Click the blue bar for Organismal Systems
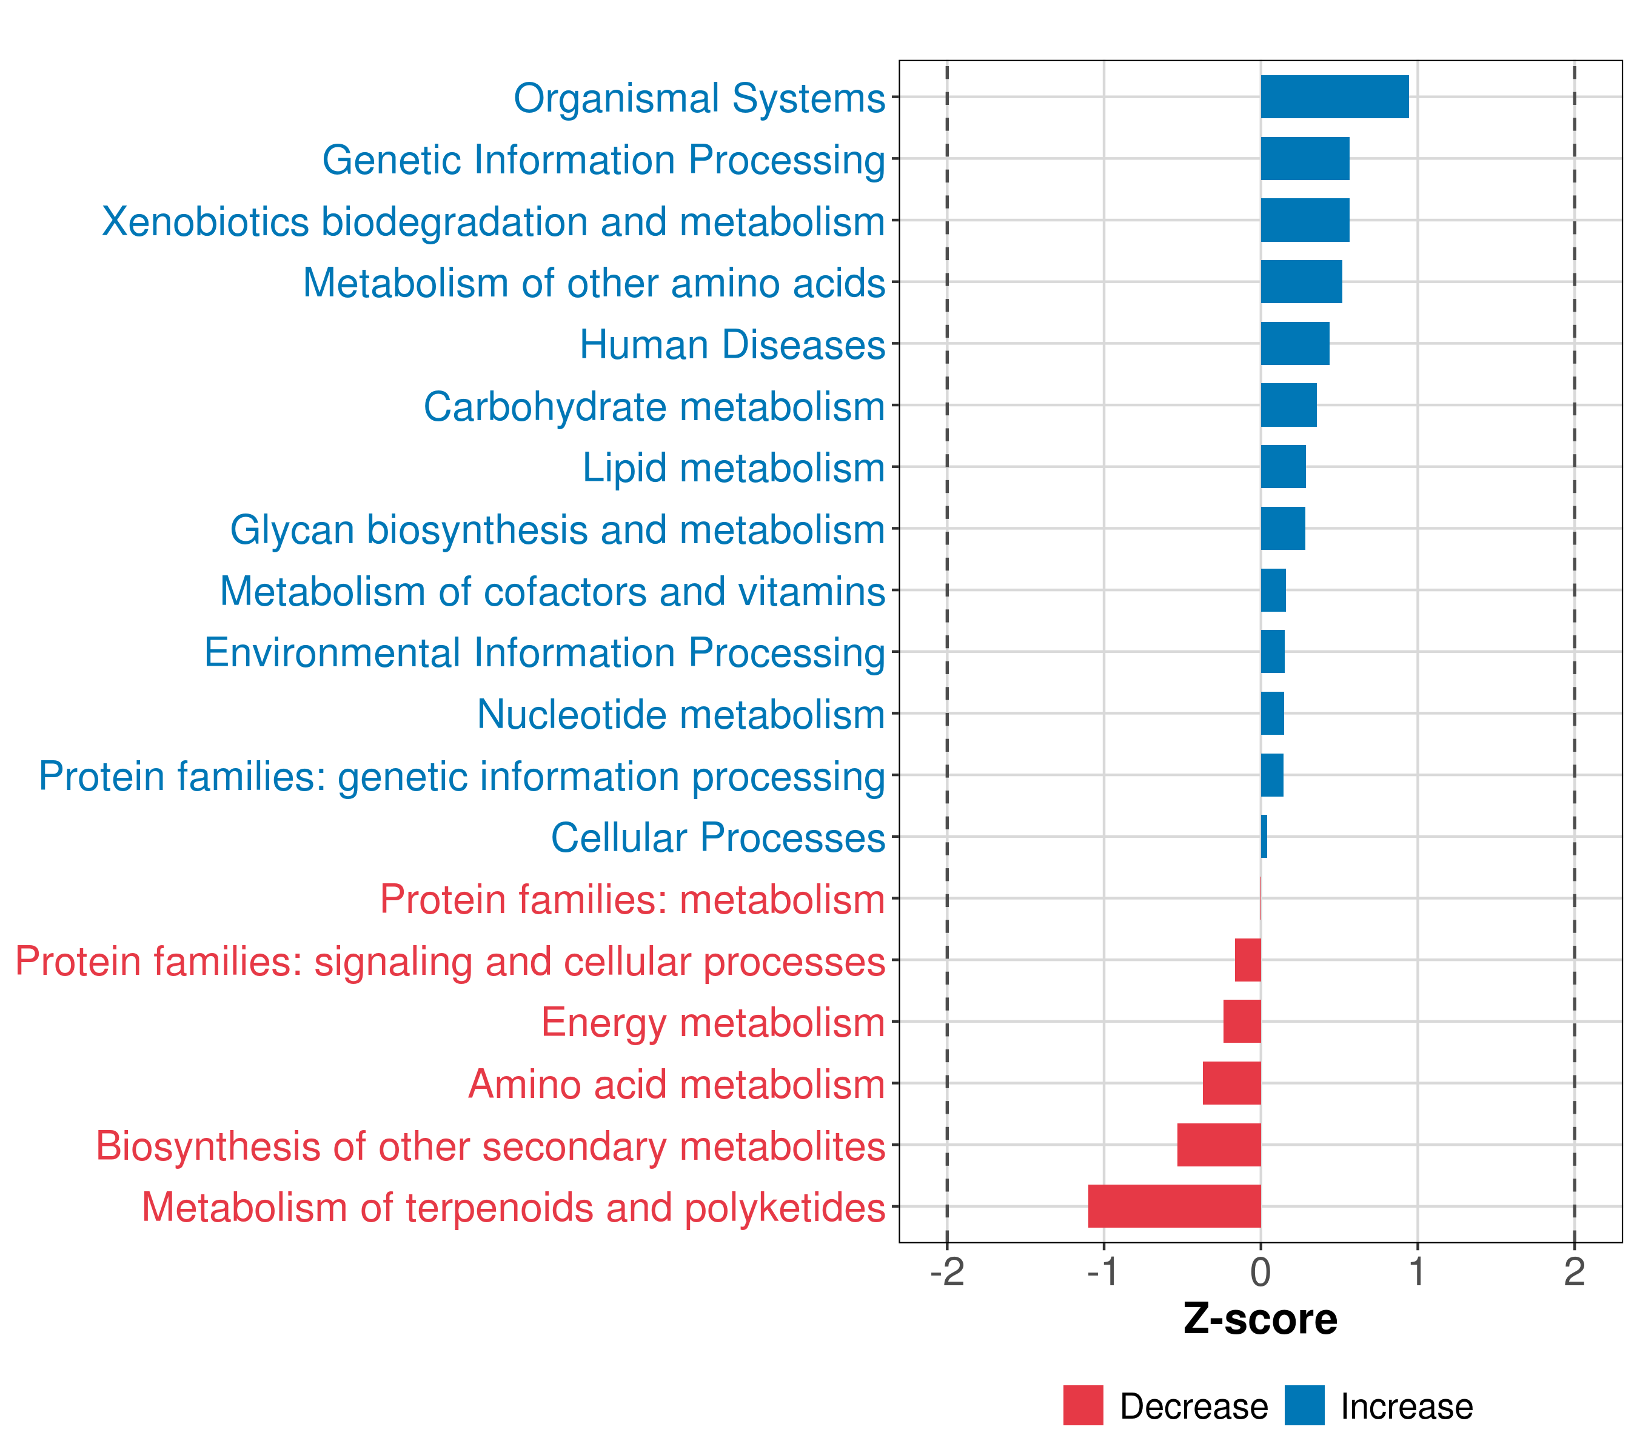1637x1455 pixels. click(x=1334, y=97)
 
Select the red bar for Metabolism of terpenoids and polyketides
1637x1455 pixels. click(x=1174, y=1206)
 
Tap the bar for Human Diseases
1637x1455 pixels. click(x=1295, y=344)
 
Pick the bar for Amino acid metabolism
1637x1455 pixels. click(x=1232, y=1083)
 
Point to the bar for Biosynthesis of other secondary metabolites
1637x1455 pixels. click(x=1219, y=1145)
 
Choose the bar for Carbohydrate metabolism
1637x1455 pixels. click(x=1288, y=405)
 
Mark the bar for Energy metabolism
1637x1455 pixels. click(x=1242, y=1021)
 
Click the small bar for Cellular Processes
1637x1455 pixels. click(x=1264, y=837)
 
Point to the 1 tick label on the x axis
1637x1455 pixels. click(x=1418, y=1273)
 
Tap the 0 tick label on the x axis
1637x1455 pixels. click(x=1260, y=1273)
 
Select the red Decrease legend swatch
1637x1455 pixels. click(x=1083, y=1405)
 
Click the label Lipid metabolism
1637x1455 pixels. click(x=734, y=467)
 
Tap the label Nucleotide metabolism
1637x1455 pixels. click(x=681, y=714)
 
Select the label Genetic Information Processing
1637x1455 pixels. click(x=604, y=159)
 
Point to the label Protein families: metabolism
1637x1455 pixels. click(x=632, y=899)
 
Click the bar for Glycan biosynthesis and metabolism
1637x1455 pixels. click(x=1283, y=529)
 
